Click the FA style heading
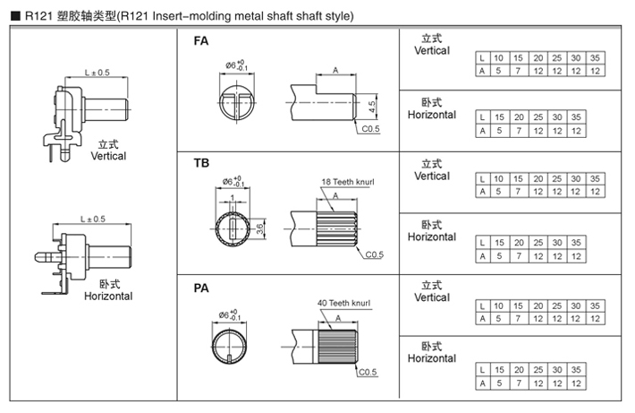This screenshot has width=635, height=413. (x=201, y=41)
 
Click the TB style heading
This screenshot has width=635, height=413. (x=201, y=165)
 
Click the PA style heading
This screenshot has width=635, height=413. (x=201, y=288)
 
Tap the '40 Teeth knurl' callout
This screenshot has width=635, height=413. (x=344, y=304)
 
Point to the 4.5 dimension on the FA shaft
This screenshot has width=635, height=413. (x=372, y=106)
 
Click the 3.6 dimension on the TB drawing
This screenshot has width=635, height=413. (x=260, y=228)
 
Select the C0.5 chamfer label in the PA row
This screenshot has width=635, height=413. (x=368, y=371)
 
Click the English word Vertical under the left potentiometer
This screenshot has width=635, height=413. (x=108, y=156)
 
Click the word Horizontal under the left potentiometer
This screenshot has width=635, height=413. (x=108, y=297)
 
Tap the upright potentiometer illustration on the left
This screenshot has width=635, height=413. (x=85, y=116)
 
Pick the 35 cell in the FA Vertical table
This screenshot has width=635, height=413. (x=595, y=57)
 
